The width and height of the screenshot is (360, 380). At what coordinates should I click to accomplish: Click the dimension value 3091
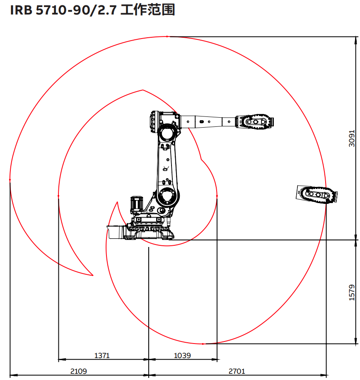click(352, 138)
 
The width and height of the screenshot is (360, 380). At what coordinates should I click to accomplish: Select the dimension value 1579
click(352, 293)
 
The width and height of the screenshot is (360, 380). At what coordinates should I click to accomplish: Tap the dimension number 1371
click(102, 356)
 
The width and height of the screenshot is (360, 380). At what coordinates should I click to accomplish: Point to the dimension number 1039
click(182, 356)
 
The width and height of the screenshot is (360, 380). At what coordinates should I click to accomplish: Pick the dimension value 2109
click(78, 371)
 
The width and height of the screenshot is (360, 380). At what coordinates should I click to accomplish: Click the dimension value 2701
click(237, 371)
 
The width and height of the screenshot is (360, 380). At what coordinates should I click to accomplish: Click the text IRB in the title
click(21, 10)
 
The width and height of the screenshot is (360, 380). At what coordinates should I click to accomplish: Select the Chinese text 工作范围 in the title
click(147, 10)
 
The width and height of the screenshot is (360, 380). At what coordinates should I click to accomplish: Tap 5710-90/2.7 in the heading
click(76, 10)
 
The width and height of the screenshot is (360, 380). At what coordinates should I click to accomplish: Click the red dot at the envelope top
click(167, 36)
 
